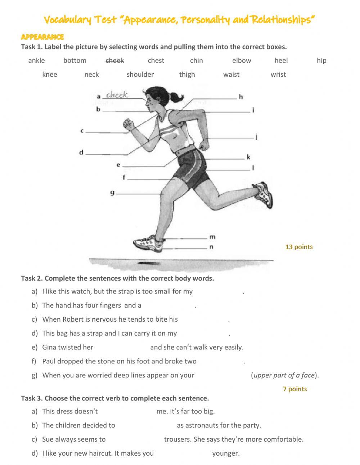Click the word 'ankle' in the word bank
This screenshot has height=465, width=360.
36,61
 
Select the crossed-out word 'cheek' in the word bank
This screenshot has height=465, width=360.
114,61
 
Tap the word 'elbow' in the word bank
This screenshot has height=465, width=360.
242,61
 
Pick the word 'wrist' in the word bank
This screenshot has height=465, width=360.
278,75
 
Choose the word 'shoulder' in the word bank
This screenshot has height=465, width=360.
140,75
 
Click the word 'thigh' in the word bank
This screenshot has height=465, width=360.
187,75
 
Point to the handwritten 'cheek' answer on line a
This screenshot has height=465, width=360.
117,95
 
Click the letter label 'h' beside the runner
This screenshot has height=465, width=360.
240,97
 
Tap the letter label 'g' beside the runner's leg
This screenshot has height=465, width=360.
112,193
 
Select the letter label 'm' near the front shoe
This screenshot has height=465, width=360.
212,237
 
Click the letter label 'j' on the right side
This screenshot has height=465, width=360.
256,137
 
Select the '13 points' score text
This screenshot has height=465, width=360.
299,247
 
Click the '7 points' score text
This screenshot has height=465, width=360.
295,389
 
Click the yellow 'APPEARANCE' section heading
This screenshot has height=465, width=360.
42,37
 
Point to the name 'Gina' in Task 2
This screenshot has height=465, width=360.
50,348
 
